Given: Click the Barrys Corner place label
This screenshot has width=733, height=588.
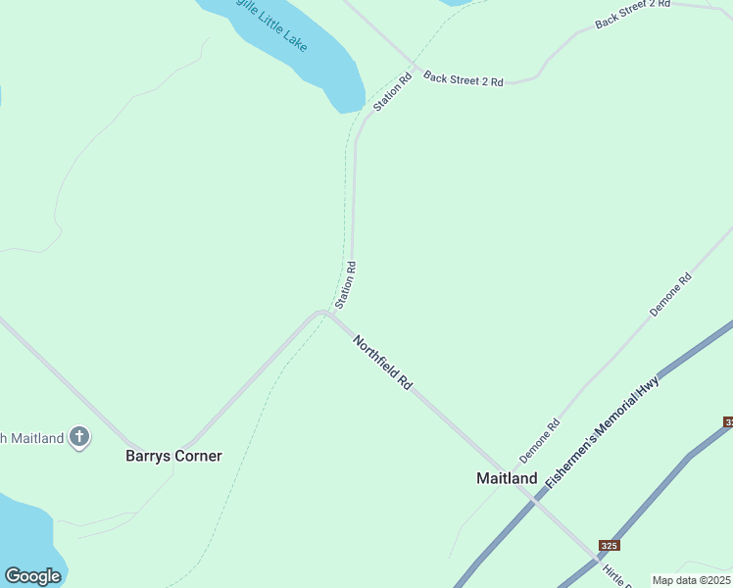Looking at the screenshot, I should [173, 456].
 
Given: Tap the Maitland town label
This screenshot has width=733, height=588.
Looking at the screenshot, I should [507, 478].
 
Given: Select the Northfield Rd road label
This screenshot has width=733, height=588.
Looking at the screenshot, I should [382, 365].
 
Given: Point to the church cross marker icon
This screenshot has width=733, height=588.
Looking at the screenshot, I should [79, 437].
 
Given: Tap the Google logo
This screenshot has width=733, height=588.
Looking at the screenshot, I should [32, 576].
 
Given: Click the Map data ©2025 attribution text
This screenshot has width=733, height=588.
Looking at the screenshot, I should [692, 580].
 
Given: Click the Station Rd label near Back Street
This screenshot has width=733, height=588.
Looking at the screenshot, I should [392, 91].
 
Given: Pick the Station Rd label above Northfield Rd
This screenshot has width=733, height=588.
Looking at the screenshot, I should [346, 283].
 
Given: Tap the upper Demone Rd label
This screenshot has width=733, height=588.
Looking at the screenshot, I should [671, 295].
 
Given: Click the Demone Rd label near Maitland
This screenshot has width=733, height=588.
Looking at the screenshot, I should [539, 441].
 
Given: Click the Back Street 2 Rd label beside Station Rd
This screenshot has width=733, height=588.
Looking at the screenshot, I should [464, 79].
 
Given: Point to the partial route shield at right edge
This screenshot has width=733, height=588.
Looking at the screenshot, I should [728, 421].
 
